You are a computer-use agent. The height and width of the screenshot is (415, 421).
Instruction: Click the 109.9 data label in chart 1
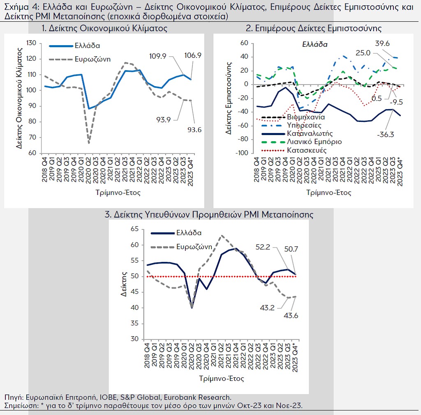point(157,56)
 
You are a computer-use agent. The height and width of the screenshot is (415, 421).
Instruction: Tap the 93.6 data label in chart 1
point(194,130)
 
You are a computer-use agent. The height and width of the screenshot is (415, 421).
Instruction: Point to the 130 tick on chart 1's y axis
point(31,43)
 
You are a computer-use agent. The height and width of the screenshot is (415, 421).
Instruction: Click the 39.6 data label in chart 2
point(382,44)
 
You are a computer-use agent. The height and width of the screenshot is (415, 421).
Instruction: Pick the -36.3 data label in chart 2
point(385,135)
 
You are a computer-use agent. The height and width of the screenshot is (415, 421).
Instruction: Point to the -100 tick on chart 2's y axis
point(242,153)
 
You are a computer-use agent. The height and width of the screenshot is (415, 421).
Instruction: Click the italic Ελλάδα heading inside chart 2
point(315,44)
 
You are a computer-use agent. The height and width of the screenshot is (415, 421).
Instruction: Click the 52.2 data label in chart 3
point(263,247)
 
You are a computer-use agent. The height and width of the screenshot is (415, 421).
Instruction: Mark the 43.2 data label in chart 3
point(267,308)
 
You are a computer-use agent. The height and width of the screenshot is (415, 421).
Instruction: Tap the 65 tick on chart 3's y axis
point(134,229)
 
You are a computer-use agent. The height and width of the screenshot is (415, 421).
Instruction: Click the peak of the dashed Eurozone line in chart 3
point(222,236)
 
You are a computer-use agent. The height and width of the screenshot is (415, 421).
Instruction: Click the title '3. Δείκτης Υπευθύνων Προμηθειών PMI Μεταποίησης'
point(209,214)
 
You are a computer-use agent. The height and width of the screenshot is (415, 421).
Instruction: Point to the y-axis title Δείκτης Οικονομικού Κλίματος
point(19,98)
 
